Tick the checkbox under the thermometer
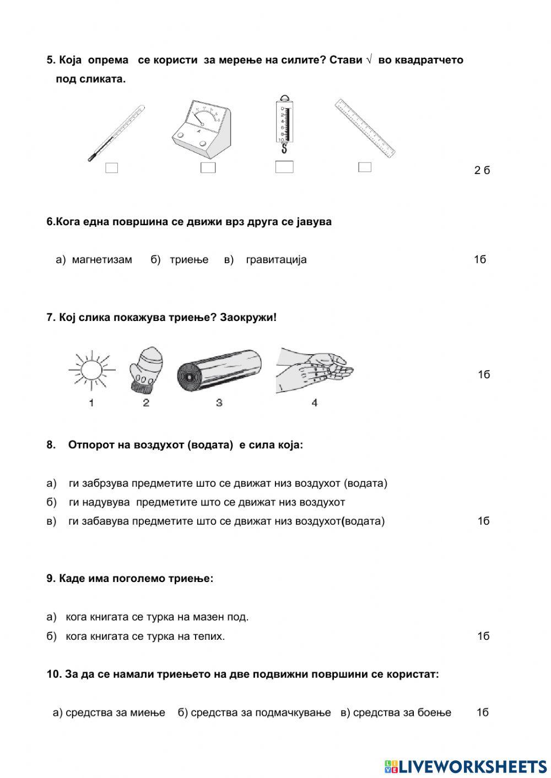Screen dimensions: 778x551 click(x=111, y=168)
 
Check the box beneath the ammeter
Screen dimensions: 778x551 click(x=208, y=167)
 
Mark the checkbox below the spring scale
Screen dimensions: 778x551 click(x=284, y=167)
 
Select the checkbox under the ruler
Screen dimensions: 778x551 click(x=364, y=167)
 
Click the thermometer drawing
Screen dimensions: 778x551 click(x=116, y=133)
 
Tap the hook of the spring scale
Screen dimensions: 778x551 click(x=284, y=148)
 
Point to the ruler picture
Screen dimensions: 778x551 click(x=365, y=128)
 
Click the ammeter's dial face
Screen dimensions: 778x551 click(x=202, y=116)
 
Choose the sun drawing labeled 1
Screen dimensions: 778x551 click(x=91, y=369)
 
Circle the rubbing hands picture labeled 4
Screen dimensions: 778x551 click(x=314, y=370)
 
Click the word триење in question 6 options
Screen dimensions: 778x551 click(x=189, y=259)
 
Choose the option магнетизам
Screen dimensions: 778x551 click(x=102, y=259)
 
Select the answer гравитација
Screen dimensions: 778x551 click(x=276, y=259)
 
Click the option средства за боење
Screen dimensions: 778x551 click(x=402, y=712)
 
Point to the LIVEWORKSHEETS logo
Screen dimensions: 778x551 click(x=465, y=766)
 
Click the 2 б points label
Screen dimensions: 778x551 click(x=482, y=170)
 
